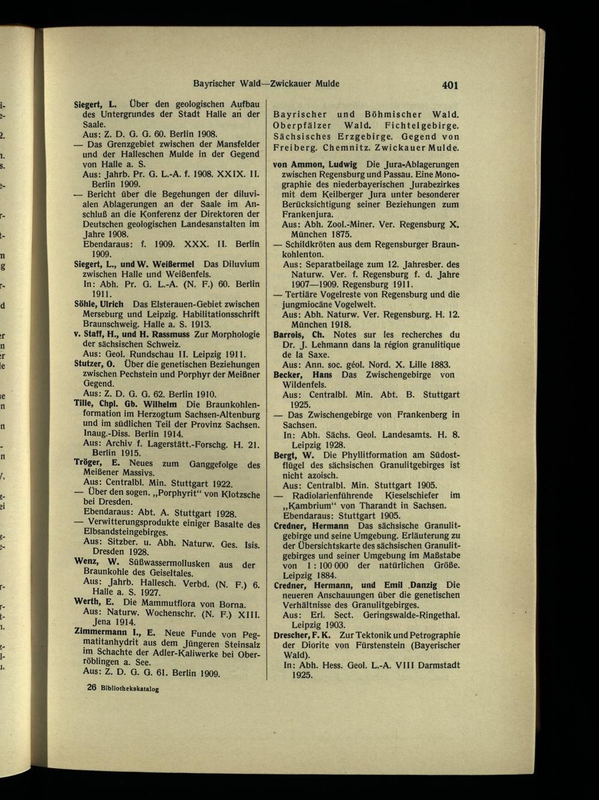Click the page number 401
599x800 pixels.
(450, 85)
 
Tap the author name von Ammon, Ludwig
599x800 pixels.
(315, 164)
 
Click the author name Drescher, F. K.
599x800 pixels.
(298, 635)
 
